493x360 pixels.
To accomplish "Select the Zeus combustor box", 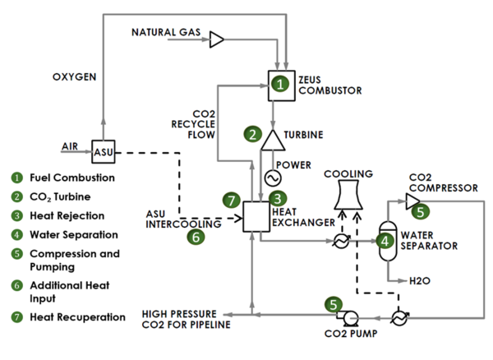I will [x=281, y=83].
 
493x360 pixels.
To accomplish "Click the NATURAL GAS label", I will [x=165, y=32].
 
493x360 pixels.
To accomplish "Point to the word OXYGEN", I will [x=76, y=77].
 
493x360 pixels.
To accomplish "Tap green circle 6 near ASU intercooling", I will [x=196, y=237].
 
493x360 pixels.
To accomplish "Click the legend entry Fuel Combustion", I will [x=71, y=177].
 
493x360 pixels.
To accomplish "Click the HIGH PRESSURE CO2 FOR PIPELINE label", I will [x=186, y=319].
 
